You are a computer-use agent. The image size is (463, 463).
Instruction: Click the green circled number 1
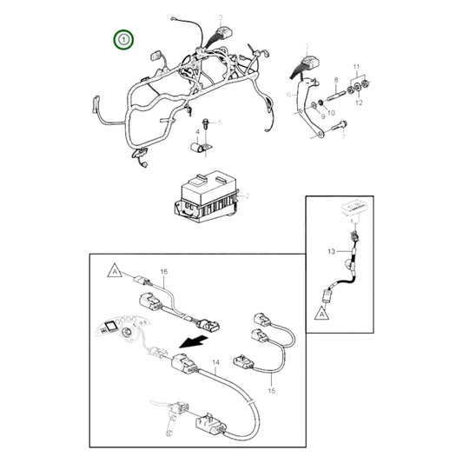point(126,40)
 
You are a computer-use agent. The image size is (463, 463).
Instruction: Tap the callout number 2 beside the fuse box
point(248,198)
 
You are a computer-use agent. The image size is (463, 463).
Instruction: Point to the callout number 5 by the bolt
point(220,122)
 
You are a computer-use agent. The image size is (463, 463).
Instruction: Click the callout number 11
point(354,66)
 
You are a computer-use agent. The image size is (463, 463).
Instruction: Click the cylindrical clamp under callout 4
point(202,150)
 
